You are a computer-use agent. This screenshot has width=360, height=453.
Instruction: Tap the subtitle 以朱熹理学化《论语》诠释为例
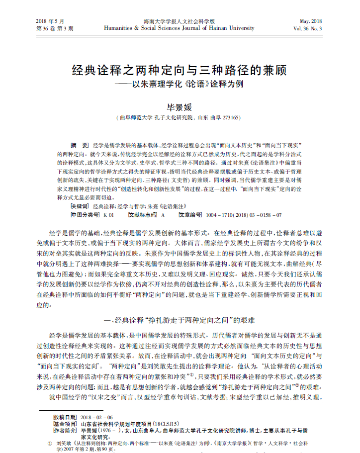click(185, 84)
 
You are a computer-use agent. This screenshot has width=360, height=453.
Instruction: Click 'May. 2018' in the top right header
click(311, 21)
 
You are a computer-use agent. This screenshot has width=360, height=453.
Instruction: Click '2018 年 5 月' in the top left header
click(51, 21)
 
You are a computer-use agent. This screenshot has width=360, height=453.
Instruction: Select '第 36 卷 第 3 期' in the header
click(55, 29)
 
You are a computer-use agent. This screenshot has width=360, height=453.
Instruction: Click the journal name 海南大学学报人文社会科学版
click(179, 21)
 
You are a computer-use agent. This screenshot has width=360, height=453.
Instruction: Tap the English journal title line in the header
click(179, 29)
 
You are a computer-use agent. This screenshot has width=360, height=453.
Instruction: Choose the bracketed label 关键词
click(80, 205)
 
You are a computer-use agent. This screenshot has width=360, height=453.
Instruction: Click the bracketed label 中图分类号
click(85, 215)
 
